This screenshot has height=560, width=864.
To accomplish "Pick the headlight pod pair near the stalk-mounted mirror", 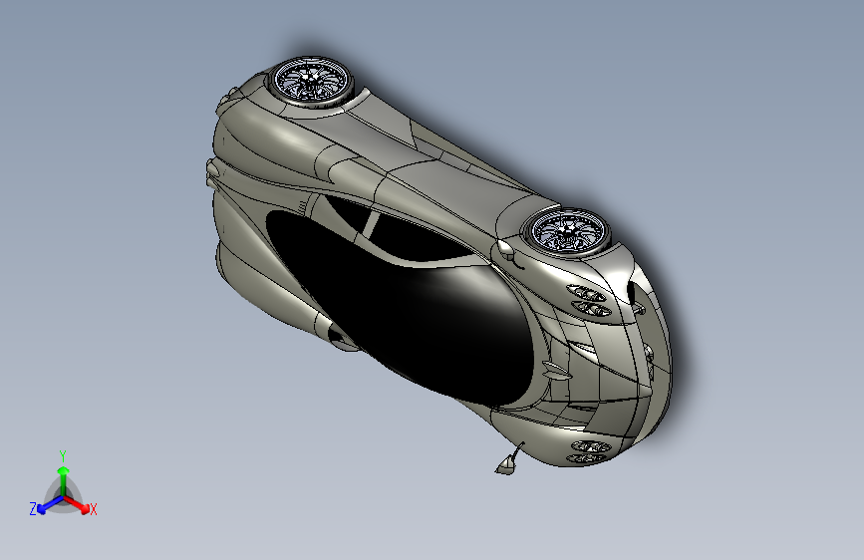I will [x=589, y=451].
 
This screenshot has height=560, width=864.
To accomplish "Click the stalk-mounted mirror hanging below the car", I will [x=508, y=461].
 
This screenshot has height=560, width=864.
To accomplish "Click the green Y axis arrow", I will [x=63, y=470].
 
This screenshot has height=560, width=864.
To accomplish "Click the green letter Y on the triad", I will [x=63, y=454].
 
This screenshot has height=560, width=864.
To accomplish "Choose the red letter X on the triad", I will [x=93, y=510].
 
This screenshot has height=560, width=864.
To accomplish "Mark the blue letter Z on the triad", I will [x=33, y=509].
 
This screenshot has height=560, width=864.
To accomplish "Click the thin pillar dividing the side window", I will [x=370, y=225].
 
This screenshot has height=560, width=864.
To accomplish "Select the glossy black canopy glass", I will [x=399, y=309].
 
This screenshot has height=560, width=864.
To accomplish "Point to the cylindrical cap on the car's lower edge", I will [x=341, y=342].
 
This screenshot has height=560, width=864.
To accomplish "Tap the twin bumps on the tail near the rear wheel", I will [x=230, y=95].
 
